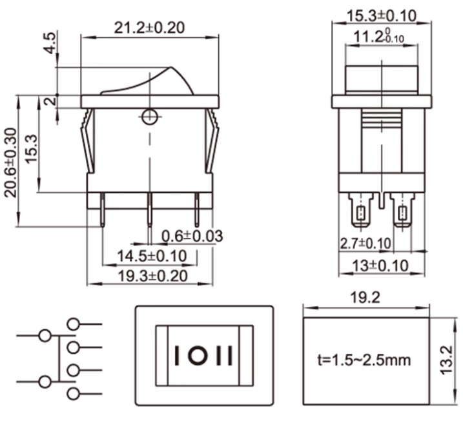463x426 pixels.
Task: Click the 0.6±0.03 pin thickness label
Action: (x=192, y=237)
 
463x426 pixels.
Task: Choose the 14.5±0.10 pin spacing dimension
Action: (x=152, y=257)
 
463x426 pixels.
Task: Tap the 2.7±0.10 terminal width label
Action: (x=365, y=244)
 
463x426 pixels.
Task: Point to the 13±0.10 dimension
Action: (x=382, y=265)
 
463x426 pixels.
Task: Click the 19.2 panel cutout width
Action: (x=365, y=298)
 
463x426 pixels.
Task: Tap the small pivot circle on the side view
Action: (x=149, y=117)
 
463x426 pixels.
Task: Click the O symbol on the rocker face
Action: (x=200, y=356)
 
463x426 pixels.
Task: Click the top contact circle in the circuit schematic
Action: (x=73, y=324)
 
